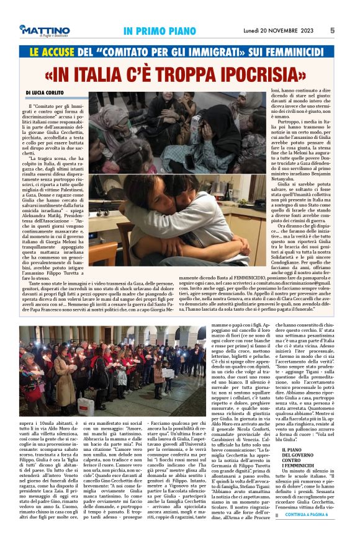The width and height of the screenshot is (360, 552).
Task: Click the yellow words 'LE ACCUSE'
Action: tap(45, 54)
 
